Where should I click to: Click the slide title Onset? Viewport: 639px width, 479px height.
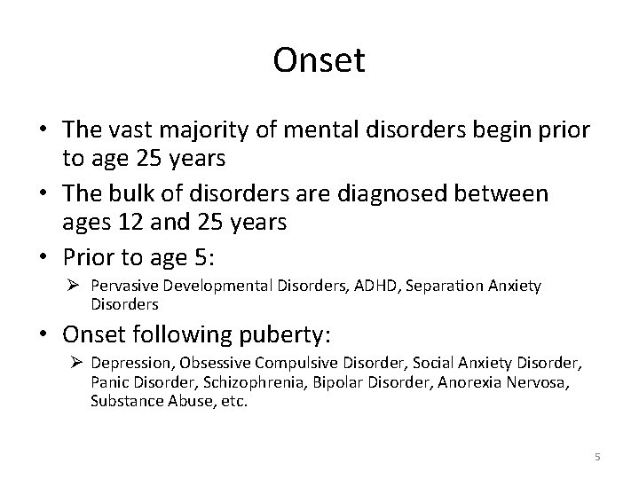pos(319,60)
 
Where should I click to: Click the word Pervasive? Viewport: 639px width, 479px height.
pos(122,285)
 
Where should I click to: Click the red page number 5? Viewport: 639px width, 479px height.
pos(597,457)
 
